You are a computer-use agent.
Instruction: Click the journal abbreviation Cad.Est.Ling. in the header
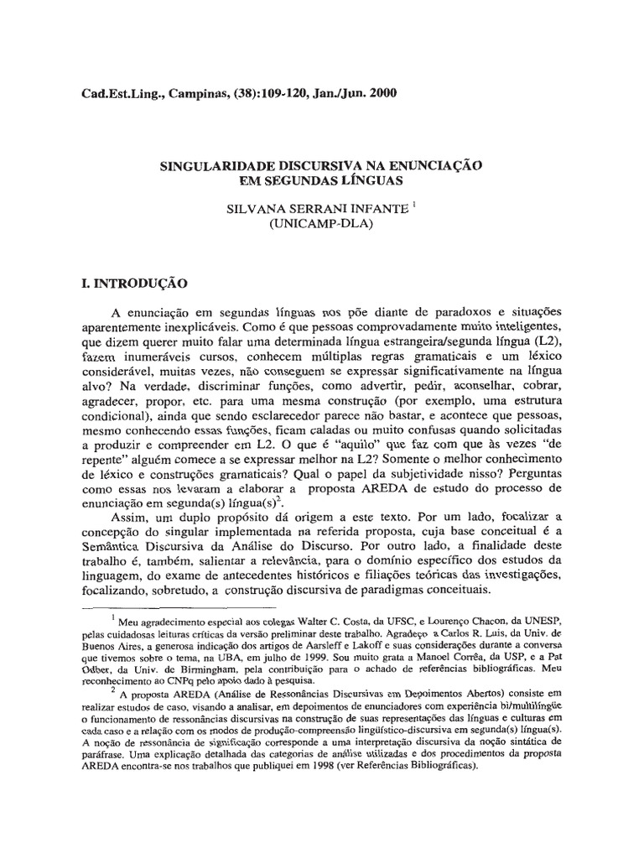point(112,92)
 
